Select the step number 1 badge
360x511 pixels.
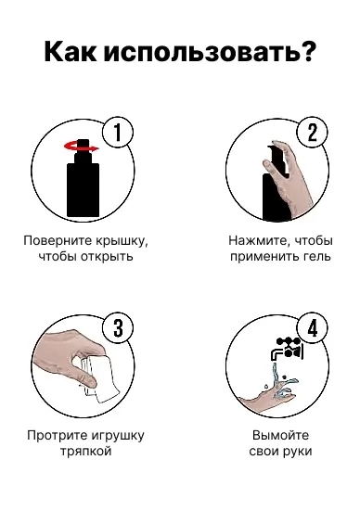(117, 133)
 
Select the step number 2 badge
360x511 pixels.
(311, 133)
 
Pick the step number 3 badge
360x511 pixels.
(117, 328)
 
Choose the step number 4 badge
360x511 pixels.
(311, 328)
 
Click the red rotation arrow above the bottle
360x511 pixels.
(79, 145)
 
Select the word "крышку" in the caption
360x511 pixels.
(122, 240)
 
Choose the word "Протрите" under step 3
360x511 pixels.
(58, 435)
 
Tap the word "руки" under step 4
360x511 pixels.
(297, 452)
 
